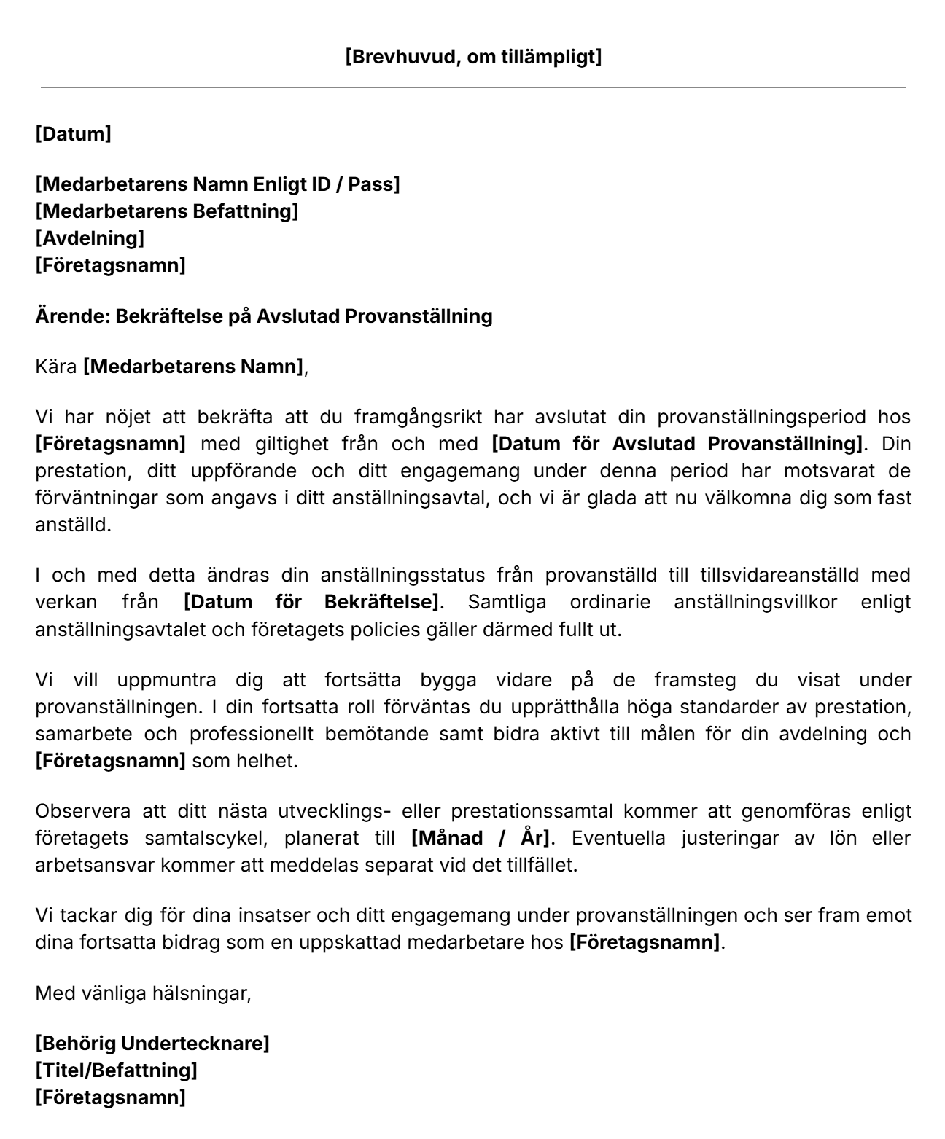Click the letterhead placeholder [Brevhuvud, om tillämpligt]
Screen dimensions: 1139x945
[x=472, y=57]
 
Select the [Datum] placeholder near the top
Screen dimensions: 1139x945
[x=73, y=134]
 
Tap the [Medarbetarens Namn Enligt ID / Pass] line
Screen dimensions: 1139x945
[x=217, y=184]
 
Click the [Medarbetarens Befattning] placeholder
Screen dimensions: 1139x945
[x=166, y=211]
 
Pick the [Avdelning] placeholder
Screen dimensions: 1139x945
[x=90, y=238]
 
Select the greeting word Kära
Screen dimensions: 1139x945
[x=55, y=367]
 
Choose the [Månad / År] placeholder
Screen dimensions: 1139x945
[x=481, y=838]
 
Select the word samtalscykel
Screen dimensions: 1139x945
[x=201, y=838]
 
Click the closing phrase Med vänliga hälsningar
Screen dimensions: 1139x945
[x=143, y=993]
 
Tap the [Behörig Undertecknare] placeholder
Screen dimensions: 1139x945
[x=152, y=1044]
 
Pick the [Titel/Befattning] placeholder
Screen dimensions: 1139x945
[x=116, y=1070]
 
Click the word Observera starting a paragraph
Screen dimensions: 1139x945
[x=83, y=811]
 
